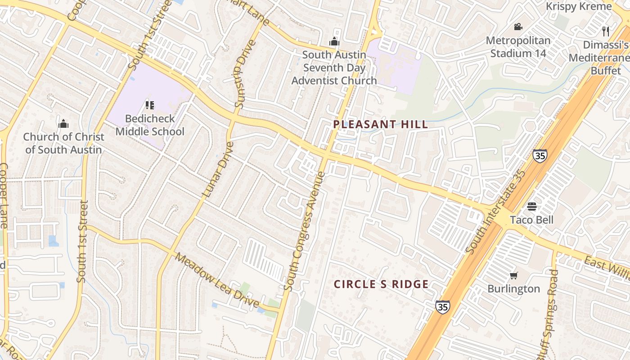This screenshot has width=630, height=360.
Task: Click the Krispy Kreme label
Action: click(x=579, y=6)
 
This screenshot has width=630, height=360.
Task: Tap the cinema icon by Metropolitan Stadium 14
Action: click(x=518, y=27)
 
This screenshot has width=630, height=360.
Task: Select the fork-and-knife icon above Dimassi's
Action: click(x=606, y=31)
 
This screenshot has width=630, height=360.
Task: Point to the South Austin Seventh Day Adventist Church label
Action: click(x=334, y=67)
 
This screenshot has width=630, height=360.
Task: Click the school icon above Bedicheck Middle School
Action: click(x=150, y=106)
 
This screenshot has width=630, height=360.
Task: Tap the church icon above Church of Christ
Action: click(x=63, y=124)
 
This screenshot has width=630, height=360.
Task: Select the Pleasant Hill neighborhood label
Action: click(x=381, y=125)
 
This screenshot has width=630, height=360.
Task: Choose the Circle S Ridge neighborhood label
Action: click(x=381, y=284)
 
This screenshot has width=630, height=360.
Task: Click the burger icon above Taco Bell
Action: click(x=531, y=207)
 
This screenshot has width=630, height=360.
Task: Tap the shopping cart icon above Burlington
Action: click(x=513, y=275)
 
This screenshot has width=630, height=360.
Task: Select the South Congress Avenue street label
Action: click(x=305, y=230)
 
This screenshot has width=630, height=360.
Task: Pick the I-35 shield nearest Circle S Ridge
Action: click(x=442, y=307)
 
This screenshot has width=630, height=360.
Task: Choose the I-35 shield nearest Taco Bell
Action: click(x=540, y=156)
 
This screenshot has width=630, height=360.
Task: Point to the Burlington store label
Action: click(x=513, y=289)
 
